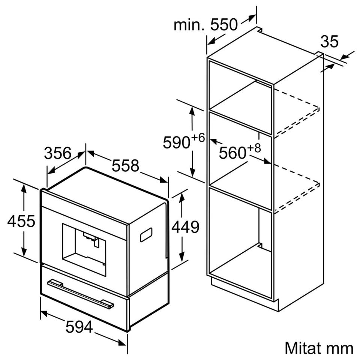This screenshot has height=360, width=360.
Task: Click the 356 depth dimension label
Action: click(x=58, y=153)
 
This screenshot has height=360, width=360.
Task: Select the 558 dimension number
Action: click(x=125, y=165)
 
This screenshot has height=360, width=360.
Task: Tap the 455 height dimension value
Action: click(x=21, y=221)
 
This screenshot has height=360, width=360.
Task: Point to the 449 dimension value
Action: click(x=186, y=227)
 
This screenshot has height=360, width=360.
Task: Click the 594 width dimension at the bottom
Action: click(x=79, y=327)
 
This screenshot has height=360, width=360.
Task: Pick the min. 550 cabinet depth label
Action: click(x=205, y=25)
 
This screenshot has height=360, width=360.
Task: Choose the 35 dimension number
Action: click(x=330, y=41)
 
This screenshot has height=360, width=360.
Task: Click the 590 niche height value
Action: click(x=177, y=142)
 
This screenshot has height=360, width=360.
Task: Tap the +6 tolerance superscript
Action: click(x=198, y=138)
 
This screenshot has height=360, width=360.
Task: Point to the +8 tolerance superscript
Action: click(x=254, y=148)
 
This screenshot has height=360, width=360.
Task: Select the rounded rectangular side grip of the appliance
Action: click(x=146, y=235)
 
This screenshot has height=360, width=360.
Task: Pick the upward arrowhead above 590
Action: click(x=192, y=112)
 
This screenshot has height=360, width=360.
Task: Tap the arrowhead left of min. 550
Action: click(x=212, y=41)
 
